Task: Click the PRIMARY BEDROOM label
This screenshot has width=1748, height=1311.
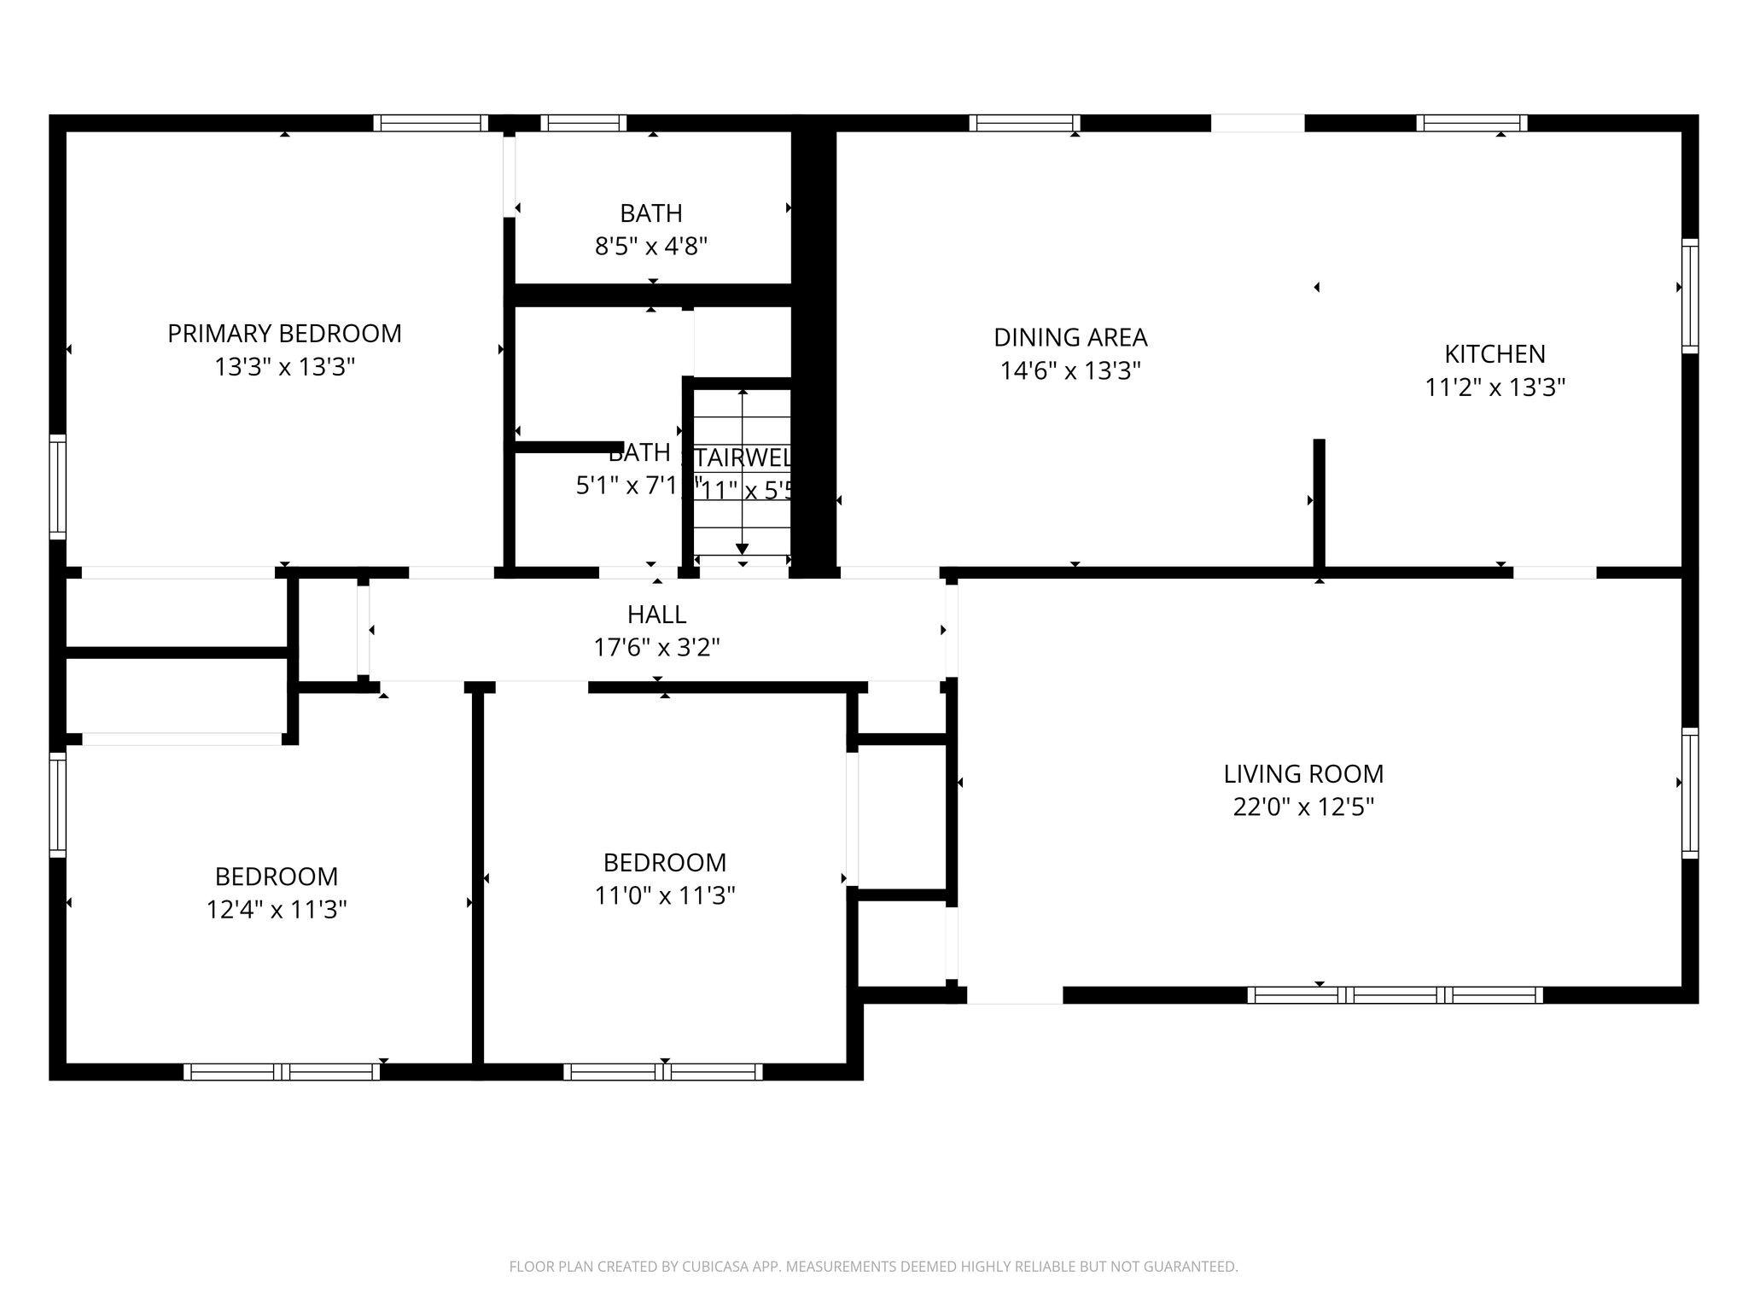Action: pos(284,333)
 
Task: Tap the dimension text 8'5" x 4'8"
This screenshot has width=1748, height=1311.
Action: pos(651,247)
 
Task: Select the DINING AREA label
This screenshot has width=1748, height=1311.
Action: pos(1070,337)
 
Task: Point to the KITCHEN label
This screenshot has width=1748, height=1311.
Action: pos(1495,353)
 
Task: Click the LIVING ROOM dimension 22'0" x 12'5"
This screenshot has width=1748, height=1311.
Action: pos(1303,807)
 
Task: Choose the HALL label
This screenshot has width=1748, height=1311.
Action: pos(656,614)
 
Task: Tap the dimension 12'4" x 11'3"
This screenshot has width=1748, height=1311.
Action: pos(277,910)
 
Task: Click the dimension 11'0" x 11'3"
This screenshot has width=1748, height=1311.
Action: pos(665,895)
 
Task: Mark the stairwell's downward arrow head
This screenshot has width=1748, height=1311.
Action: pos(743,548)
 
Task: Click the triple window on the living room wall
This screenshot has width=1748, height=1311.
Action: pos(1395,994)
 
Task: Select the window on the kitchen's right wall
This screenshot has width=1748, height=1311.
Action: pos(1689,296)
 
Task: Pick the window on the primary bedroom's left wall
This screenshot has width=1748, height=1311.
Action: pos(58,487)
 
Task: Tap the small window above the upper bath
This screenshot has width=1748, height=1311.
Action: pos(584,123)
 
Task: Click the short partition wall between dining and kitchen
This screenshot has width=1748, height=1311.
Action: pos(1319,504)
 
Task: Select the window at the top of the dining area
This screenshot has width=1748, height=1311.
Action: pos(1024,123)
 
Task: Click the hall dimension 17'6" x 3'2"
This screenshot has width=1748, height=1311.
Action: pos(656,648)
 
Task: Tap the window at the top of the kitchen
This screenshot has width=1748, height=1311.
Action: pos(1471,123)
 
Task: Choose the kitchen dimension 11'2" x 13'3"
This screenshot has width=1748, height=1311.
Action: pos(1495,387)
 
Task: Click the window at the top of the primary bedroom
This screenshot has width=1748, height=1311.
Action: pos(431,123)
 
